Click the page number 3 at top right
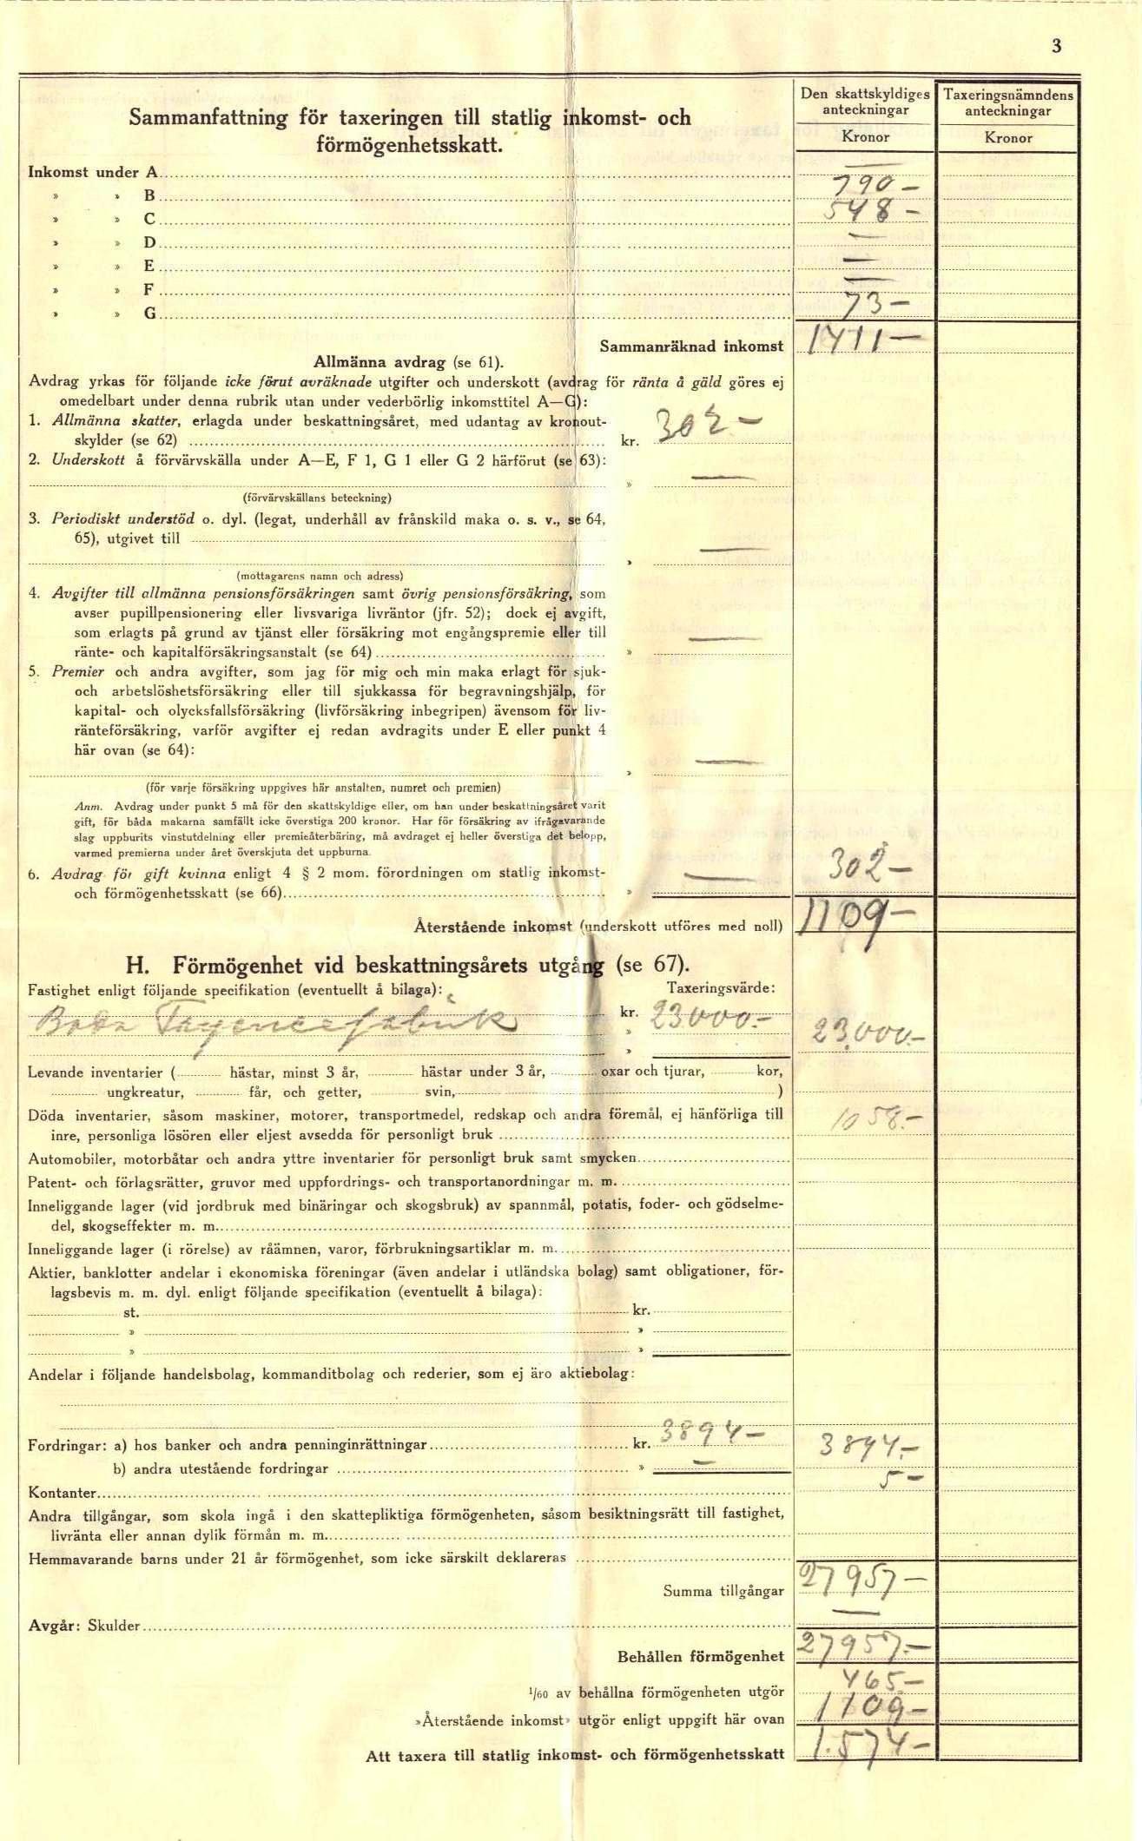coord(1056,47)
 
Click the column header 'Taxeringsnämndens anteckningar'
coord(1007,102)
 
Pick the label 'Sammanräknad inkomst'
coord(691,346)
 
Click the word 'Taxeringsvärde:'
coord(721,988)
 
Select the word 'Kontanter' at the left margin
coord(63,1493)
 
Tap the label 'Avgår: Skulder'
coord(84,1625)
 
